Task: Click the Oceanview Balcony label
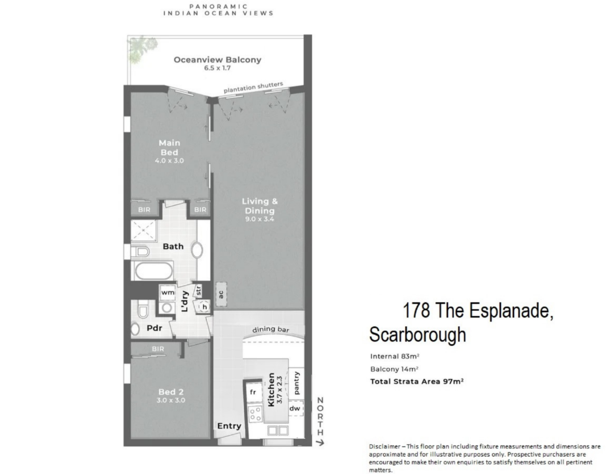click(217, 60)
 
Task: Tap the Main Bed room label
click(169, 147)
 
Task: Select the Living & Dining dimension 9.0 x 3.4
click(260, 219)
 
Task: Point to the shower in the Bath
click(144, 230)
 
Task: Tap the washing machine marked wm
click(168, 292)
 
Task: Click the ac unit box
click(221, 294)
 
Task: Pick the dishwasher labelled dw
click(295, 408)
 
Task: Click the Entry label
click(229, 426)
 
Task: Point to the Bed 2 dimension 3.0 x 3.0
click(171, 400)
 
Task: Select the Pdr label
click(154, 328)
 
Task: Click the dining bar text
click(271, 329)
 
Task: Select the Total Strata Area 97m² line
click(417, 381)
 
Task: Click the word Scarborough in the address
click(418, 335)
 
